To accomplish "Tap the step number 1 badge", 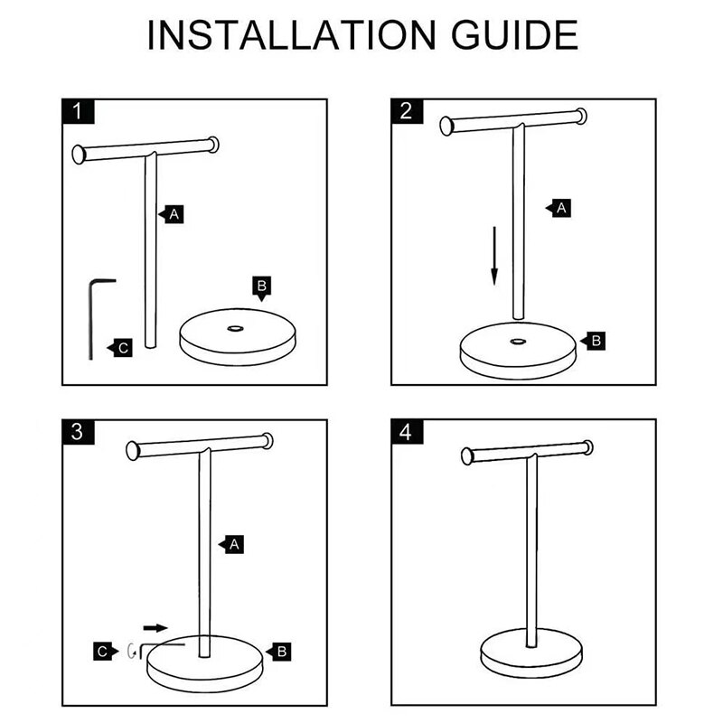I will pos(80,111).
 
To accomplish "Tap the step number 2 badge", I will pos(406,111).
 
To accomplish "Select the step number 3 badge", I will pos(80,432).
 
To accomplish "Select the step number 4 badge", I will pos(406,432).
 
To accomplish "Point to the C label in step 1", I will pos(123,347).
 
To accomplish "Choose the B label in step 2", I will pos(596,341).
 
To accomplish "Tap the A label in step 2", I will pos(560,208).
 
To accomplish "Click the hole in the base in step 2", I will pos(517,341).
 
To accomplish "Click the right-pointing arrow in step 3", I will pos(155,625).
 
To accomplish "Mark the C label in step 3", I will pos(106,650).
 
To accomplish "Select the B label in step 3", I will pos(280,650).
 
